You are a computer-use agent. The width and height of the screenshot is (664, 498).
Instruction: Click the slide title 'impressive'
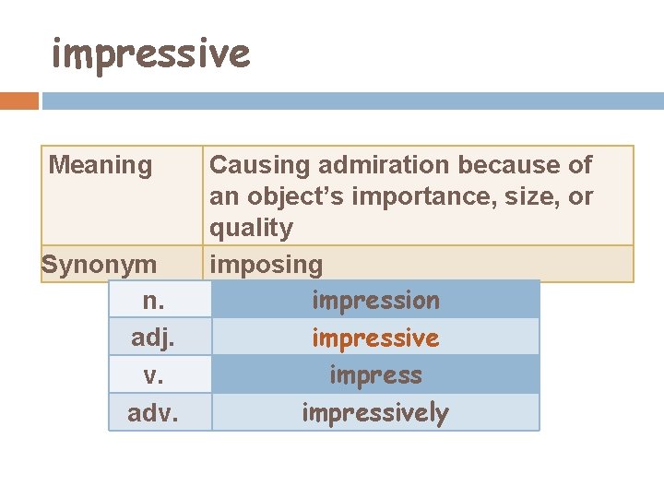150,53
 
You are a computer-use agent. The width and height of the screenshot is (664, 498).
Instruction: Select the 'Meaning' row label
100,166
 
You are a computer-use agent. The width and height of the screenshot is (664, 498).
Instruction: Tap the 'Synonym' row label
99,266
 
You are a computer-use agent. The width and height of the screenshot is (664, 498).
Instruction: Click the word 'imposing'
266,266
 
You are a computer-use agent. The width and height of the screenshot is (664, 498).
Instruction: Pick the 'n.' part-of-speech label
154,301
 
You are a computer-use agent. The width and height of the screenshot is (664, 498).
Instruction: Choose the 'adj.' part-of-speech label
154,338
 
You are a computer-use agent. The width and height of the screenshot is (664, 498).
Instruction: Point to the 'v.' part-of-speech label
154,375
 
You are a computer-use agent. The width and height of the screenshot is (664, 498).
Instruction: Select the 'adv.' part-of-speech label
154,413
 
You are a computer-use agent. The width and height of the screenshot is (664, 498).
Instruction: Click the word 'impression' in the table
375,301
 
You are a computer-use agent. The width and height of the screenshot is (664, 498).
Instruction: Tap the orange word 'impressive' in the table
375,338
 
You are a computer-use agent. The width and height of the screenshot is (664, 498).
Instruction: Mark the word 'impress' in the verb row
375,375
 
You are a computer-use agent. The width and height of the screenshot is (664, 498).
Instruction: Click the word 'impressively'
375,413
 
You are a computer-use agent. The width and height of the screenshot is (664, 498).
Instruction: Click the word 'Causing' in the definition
259,166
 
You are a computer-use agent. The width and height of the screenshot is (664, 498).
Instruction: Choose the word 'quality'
251,229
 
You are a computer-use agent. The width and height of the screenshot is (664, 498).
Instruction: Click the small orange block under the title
19,101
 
